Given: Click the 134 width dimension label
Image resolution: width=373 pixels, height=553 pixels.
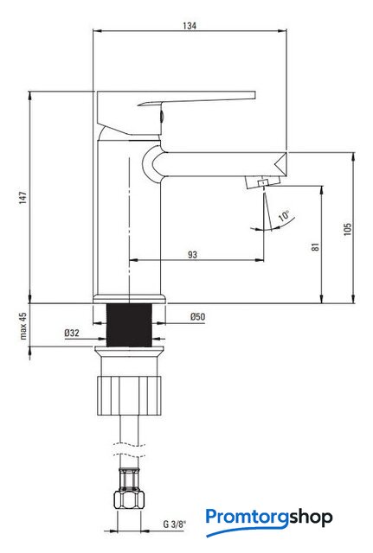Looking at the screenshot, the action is coord(190,25).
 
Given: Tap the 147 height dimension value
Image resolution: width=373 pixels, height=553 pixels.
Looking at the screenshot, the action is coord(23,198).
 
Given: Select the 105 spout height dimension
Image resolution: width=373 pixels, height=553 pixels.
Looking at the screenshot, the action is coord(348,229).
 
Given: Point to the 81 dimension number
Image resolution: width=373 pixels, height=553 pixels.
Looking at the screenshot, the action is coord(315,246).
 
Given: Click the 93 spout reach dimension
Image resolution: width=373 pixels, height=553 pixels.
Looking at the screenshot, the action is coord(192,255).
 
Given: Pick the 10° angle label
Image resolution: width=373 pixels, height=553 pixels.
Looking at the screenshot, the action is coord(284,215).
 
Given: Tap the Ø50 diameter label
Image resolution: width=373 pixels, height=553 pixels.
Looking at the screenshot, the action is coord(197,317).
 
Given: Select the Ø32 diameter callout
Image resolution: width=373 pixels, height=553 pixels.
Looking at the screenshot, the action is coord(72,333).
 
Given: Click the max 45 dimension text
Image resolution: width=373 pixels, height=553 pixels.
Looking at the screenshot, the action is coord(23,326).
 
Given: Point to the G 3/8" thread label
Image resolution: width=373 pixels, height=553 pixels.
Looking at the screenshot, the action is coord(175,524).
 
